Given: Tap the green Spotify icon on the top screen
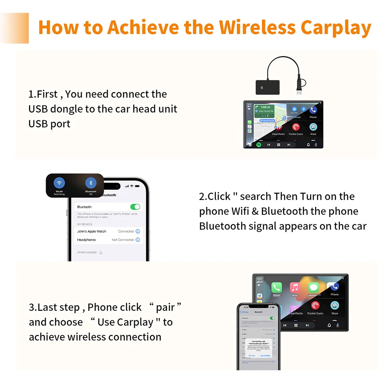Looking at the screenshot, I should point(259,144).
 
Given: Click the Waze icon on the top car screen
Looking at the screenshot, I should point(313,127).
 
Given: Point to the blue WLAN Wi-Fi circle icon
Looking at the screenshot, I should point(59,183).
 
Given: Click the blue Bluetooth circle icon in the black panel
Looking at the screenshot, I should point(91,183).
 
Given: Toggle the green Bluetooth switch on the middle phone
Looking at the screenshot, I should point(135,207).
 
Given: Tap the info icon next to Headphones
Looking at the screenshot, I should point(138,240).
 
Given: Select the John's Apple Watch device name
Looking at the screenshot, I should point(92,232).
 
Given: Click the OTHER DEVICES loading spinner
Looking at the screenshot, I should point(101,252).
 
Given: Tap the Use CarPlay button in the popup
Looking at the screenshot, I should point(265,356).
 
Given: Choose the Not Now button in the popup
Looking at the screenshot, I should point(252,356).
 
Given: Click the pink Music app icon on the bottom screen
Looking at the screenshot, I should point(295,288).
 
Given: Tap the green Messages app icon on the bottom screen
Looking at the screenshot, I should point(314,288).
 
